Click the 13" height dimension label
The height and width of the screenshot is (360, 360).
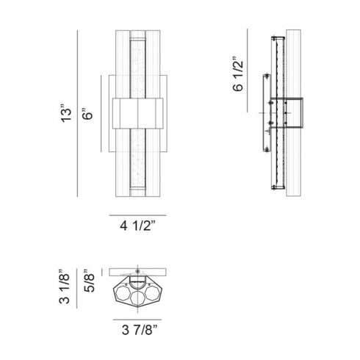(66, 113)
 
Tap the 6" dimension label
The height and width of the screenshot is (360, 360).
(87, 114)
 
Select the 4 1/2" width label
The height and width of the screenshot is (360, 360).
(137, 226)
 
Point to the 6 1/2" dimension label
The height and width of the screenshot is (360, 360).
(238, 73)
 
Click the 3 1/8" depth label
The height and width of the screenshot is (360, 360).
(64, 287)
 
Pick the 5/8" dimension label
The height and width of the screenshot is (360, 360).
(89, 281)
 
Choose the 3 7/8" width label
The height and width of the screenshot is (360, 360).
(140, 330)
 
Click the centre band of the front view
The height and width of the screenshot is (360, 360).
(137, 113)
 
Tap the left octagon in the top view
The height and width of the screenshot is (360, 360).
(123, 293)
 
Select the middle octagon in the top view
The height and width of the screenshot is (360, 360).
(137, 298)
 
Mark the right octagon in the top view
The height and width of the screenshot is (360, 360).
(152, 293)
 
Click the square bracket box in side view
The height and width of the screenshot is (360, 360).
(287, 112)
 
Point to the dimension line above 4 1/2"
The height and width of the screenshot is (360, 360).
(137, 215)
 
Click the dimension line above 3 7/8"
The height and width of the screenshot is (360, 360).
(137, 320)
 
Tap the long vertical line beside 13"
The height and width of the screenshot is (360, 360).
(77, 113)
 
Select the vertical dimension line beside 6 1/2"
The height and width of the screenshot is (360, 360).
(247, 71)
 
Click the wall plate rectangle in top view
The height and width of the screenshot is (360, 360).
(137, 272)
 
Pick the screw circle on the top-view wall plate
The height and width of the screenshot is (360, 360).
(137, 272)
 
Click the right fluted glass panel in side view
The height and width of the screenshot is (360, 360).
(293, 113)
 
